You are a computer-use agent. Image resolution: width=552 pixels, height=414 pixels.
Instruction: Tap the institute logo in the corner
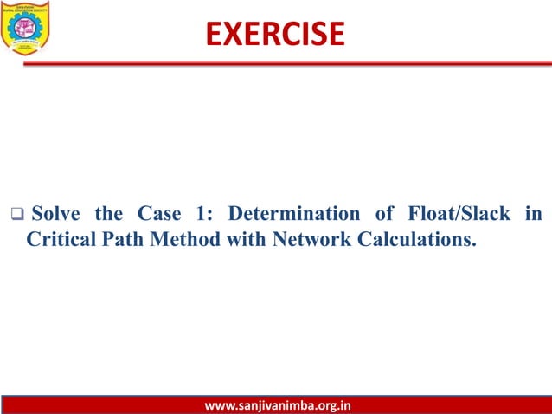[27, 27]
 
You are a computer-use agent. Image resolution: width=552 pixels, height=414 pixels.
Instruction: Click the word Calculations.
[415, 238]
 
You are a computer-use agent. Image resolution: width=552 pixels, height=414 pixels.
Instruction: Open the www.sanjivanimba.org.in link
[276, 404]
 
